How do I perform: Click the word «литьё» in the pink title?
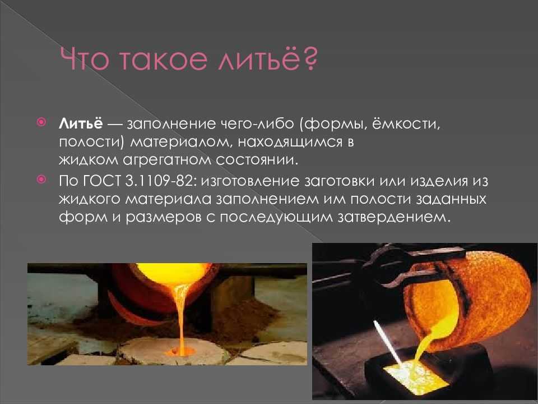click(259, 59)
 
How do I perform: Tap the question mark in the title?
click(310, 59)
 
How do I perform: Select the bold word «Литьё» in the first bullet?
click(81, 123)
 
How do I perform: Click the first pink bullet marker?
click(41, 122)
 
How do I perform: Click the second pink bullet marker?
click(41, 180)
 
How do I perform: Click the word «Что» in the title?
click(85, 59)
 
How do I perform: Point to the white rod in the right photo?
click(388, 343)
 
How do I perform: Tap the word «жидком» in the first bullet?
click(88, 160)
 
